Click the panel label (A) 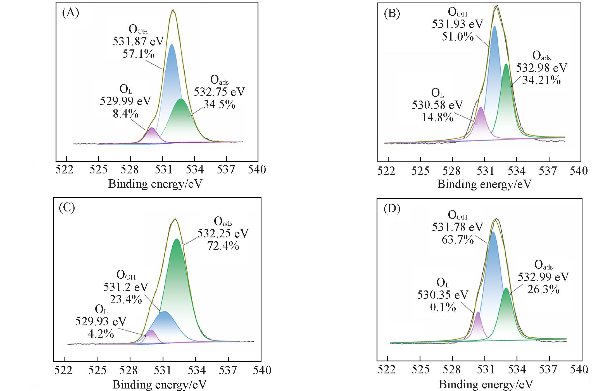tap(70, 13)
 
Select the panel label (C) tap(67, 208)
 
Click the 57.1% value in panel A tap(138, 54)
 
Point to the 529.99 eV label tap(125, 101)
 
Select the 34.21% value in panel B tap(541, 80)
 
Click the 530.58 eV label tap(437, 105)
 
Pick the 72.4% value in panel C tap(223, 246)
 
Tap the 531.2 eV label tap(126, 287)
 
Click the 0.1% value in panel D tap(443, 307)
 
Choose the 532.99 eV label tap(543, 277)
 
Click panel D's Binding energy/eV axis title tap(486, 385)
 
